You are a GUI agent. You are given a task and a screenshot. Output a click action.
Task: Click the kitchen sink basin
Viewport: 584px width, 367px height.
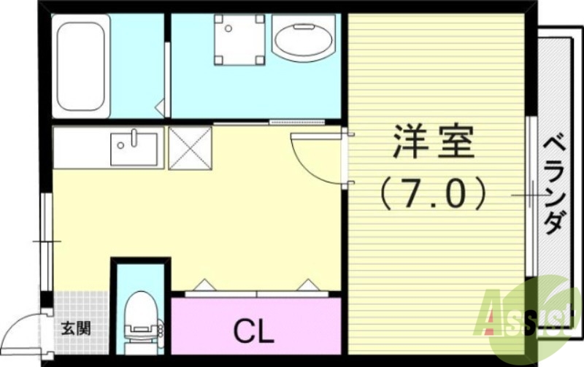click(136, 149)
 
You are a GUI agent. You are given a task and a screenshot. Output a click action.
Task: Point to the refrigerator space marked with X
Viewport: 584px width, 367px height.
click(190, 148)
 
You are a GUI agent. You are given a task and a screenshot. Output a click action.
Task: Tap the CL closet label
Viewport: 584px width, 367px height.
click(253, 332)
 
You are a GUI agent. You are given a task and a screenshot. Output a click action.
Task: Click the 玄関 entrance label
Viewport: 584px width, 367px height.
click(75, 328)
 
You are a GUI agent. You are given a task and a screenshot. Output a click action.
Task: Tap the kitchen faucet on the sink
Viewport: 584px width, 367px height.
click(136, 136)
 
